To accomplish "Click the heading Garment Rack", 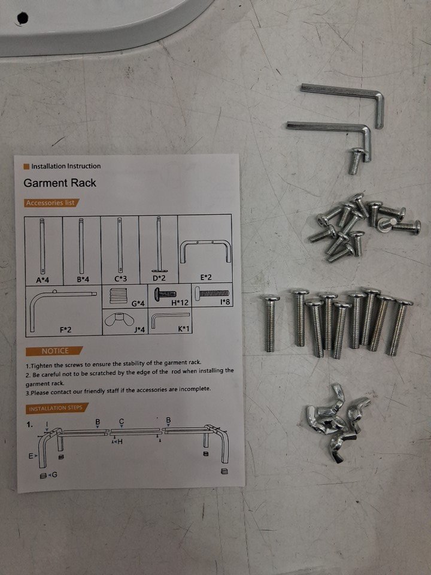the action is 60,183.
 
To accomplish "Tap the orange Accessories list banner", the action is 51,203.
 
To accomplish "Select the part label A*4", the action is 43,280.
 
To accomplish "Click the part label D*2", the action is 159,279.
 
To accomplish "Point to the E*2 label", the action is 206,277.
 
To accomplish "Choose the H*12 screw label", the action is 180,302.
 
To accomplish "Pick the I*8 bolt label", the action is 225,302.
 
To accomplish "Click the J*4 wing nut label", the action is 139,329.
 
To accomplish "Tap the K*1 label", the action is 184,329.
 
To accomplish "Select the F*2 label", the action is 66,329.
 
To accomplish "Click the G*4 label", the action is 138,303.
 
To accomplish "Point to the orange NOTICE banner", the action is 54,351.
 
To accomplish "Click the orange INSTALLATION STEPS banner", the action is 57,408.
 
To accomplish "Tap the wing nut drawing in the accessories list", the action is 117,320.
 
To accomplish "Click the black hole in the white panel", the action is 22,17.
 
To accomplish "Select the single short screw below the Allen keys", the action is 356,161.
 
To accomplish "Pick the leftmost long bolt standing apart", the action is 271,323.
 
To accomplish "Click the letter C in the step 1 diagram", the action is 122,421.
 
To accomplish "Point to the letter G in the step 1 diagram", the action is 54,475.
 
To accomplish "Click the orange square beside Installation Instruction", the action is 26,167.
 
